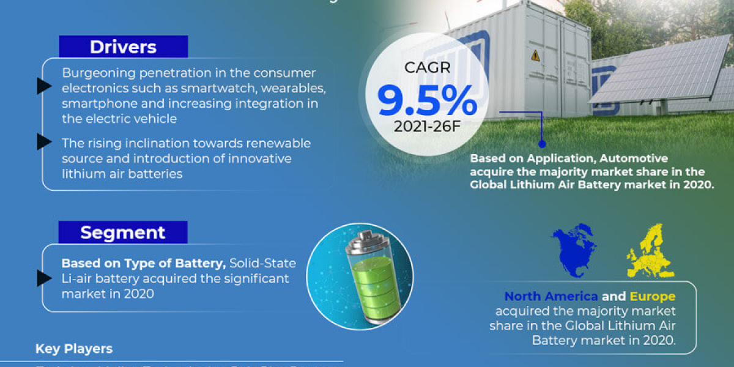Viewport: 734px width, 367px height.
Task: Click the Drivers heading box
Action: tap(123, 46)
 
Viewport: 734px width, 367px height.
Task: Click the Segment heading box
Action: tap(123, 232)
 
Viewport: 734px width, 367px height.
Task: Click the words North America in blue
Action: tap(551, 297)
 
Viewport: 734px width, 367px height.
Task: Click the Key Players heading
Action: tap(74, 349)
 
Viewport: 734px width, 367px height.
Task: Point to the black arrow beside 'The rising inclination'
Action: tap(43, 142)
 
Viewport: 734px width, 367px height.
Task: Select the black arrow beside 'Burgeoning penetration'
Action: tap(43, 86)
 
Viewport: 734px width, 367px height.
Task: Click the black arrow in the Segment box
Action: tap(43, 278)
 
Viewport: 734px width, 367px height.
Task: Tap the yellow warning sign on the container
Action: tap(535, 55)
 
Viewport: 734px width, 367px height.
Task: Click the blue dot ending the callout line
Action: tap(541, 144)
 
